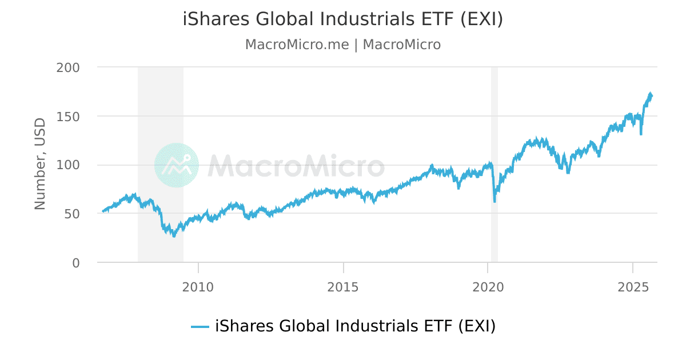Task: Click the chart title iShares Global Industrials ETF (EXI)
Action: (343, 19)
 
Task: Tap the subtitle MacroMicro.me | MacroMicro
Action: (343, 45)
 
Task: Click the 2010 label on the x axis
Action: (198, 286)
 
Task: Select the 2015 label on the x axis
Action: (343, 286)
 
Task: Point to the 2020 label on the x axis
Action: (488, 286)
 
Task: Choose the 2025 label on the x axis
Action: (633, 286)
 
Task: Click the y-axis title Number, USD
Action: (40, 165)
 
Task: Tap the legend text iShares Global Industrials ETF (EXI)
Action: (355, 326)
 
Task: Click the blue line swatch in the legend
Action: (200, 327)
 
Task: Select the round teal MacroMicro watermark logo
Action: (177, 165)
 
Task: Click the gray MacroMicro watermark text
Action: (296, 166)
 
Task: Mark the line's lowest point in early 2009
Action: (174, 236)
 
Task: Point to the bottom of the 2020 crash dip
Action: (494, 202)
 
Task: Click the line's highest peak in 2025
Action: (650, 93)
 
